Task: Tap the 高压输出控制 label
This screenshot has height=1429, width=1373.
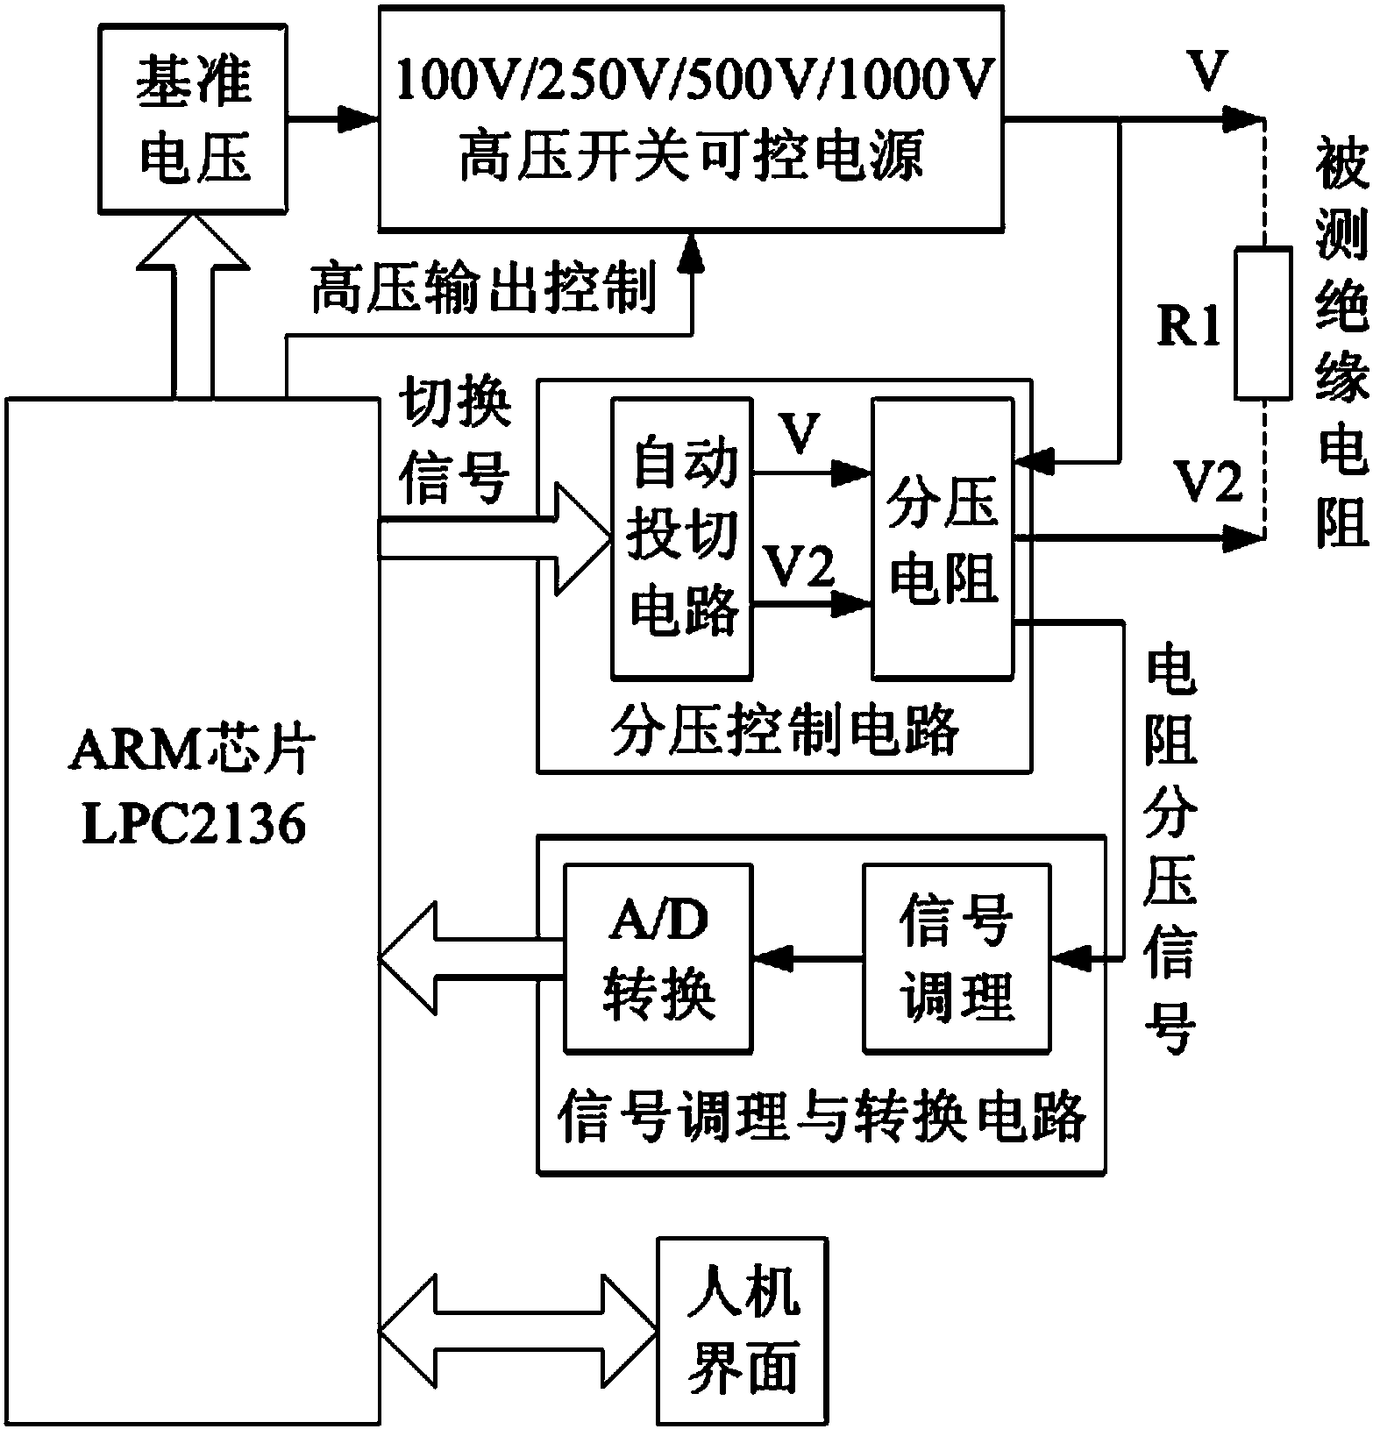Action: pyautogui.click(x=484, y=289)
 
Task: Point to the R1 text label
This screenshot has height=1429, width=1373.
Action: pyautogui.click(x=1190, y=329)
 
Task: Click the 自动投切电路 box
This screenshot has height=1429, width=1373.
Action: pyautogui.click(x=682, y=538)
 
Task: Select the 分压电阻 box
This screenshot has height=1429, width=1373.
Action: pyautogui.click(x=942, y=538)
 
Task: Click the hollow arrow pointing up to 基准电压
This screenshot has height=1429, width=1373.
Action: pyautogui.click(x=194, y=302)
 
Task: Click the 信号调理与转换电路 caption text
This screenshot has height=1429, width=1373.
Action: pyautogui.click(x=822, y=1114)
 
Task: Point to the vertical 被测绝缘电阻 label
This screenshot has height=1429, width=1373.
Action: pyautogui.click(x=1341, y=342)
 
